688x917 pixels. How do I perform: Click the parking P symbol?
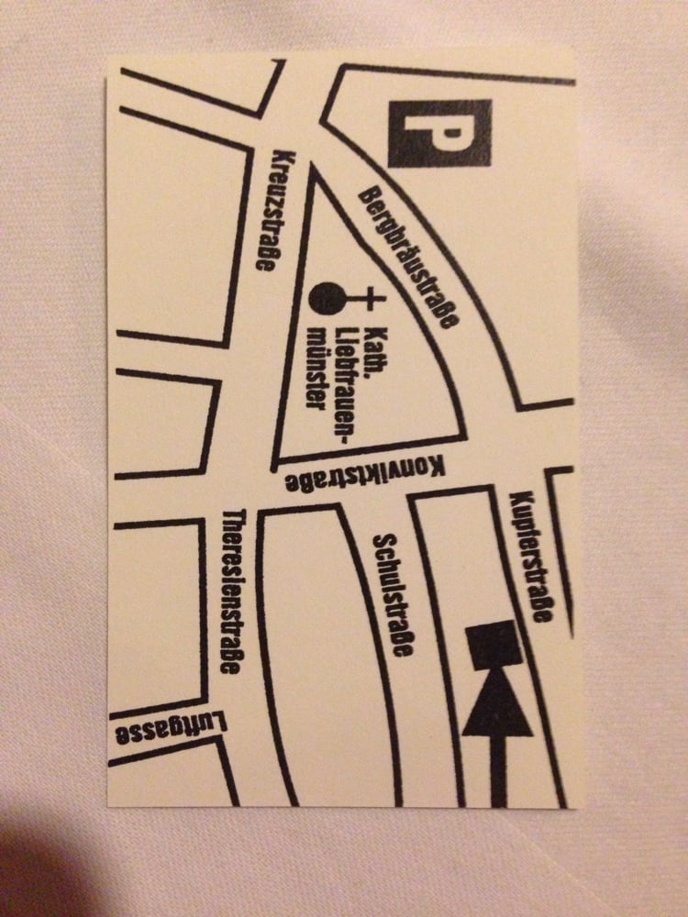point(439,133)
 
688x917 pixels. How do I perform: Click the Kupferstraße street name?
point(530,556)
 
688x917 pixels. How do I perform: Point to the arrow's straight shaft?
point(497,770)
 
